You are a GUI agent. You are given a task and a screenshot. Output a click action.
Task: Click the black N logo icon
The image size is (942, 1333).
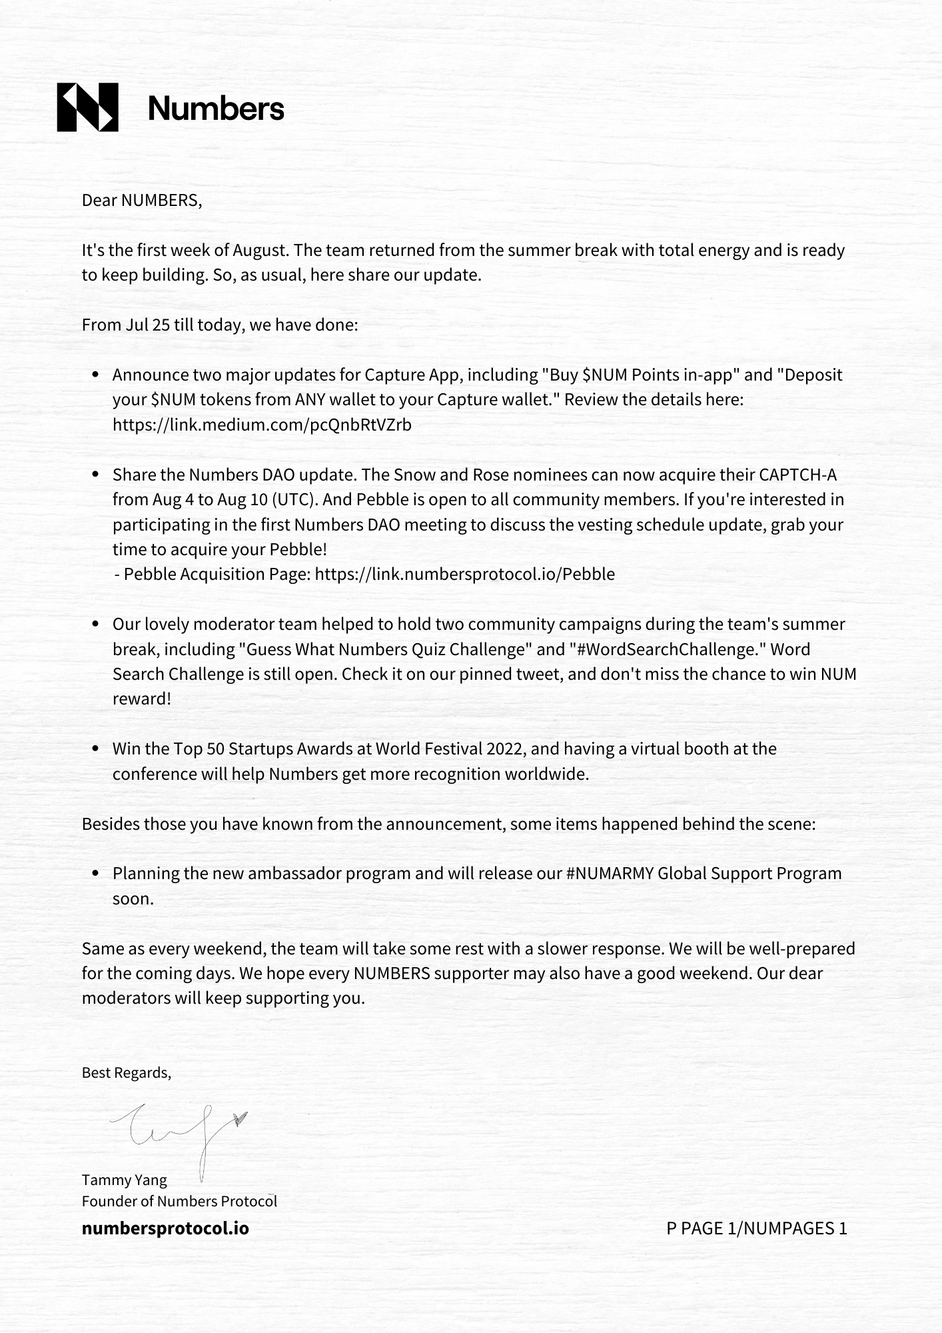[x=87, y=107]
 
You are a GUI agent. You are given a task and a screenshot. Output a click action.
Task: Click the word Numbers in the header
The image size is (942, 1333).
[x=216, y=108]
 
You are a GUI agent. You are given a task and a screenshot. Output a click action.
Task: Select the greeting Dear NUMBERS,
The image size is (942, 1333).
[x=141, y=200]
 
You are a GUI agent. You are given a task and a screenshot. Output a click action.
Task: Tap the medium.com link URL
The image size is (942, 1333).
[x=262, y=425]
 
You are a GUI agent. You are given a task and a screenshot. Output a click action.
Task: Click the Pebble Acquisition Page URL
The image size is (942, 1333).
[x=464, y=574]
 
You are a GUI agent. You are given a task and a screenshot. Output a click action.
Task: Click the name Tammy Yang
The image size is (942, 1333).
[x=124, y=1180]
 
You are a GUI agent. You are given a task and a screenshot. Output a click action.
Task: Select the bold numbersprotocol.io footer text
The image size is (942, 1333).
[x=165, y=1228]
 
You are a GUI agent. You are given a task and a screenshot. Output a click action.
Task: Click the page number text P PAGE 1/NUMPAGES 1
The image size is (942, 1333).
[x=756, y=1228]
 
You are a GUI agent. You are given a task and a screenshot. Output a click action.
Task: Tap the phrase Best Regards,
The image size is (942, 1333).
[x=126, y=1072]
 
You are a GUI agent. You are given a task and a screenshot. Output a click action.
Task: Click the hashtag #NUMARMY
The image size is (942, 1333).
[x=610, y=873]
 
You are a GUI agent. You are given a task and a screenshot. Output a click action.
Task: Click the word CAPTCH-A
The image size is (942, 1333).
[x=797, y=475]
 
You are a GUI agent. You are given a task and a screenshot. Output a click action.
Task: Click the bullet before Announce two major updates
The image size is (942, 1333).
[x=96, y=375]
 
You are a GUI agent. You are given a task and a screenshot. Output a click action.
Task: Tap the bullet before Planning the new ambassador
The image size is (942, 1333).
[x=96, y=874]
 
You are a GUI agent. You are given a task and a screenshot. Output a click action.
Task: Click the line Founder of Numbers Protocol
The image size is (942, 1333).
[x=179, y=1201]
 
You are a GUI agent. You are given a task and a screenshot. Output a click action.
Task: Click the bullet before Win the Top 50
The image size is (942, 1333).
[x=96, y=749]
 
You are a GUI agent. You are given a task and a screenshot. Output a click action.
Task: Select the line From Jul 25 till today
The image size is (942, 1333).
[x=220, y=325]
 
